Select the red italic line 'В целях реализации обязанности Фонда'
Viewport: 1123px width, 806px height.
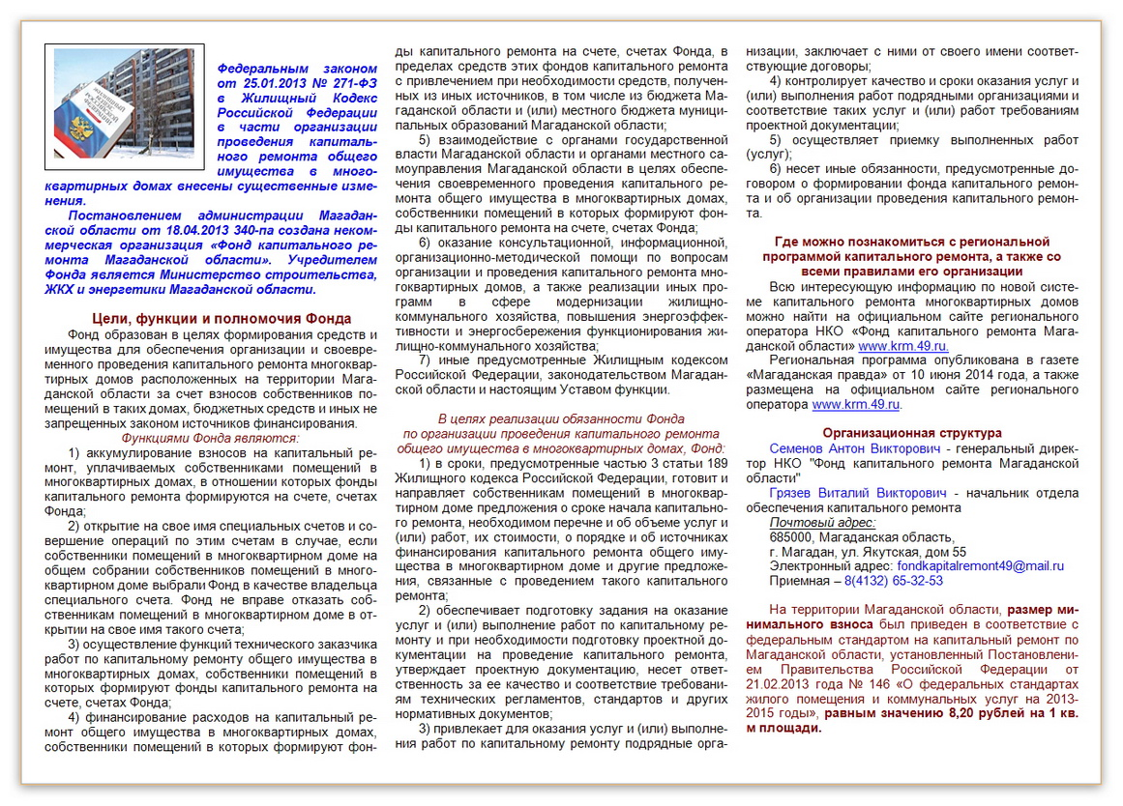pos(561,419)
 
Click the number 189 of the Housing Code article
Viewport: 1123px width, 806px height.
pos(716,463)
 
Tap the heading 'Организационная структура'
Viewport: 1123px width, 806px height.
pos(912,433)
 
